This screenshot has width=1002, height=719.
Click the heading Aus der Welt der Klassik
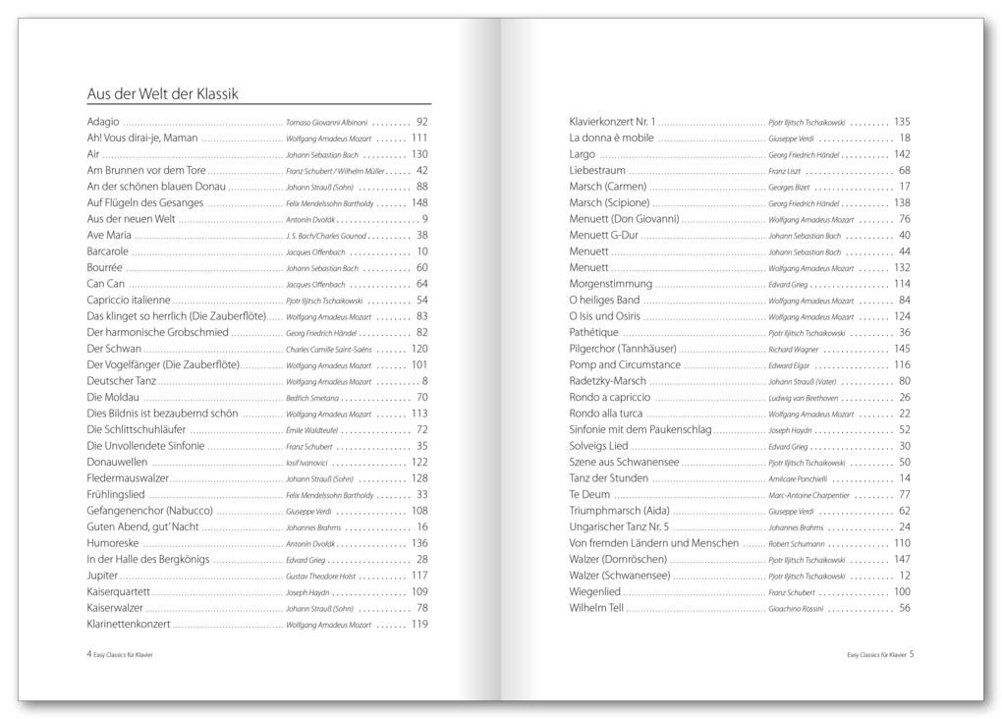163,94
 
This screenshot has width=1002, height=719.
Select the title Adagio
103,122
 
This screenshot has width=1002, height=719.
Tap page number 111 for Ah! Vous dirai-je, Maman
419,138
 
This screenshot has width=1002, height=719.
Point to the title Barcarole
107,251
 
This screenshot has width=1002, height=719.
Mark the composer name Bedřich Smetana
312,398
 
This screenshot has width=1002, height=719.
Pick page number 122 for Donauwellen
419,462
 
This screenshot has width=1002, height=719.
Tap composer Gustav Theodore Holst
325,576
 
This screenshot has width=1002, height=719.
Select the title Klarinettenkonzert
129,624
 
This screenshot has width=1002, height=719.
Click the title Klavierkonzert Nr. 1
612,122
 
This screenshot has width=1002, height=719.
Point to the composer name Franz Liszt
784,171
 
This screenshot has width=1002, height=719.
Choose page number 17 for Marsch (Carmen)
905,187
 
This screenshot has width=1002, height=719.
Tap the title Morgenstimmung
610,284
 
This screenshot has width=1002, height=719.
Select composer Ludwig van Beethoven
804,398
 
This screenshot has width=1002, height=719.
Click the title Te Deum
589,494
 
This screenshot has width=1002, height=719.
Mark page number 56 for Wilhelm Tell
905,608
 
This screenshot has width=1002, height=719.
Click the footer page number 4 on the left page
89,654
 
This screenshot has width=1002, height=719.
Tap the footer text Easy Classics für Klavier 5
880,654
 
